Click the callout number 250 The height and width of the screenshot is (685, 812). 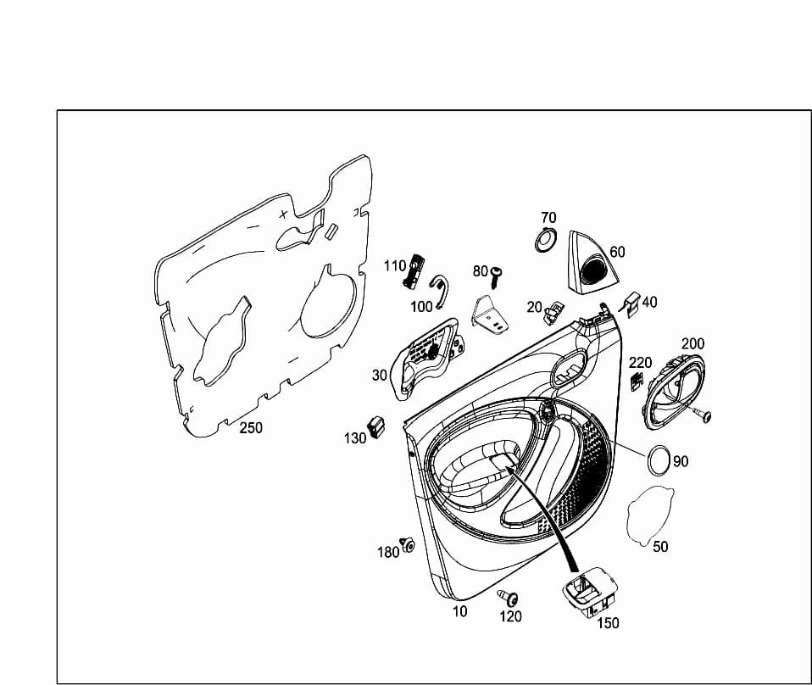click(x=251, y=428)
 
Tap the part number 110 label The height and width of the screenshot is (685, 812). click(x=395, y=266)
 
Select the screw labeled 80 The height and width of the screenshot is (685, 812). click(x=496, y=278)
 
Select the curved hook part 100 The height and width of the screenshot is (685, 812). click(x=440, y=289)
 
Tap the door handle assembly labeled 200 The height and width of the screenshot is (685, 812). click(x=673, y=391)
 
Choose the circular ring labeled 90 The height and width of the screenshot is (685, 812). click(x=659, y=459)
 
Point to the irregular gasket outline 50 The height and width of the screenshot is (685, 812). click(x=650, y=515)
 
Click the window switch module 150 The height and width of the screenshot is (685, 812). click(x=590, y=591)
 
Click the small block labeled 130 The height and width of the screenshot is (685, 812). click(x=376, y=426)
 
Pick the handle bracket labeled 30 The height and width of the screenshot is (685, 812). click(x=428, y=358)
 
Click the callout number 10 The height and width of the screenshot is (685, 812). click(x=460, y=612)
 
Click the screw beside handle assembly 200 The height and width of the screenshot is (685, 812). click(x=703, y=415)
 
